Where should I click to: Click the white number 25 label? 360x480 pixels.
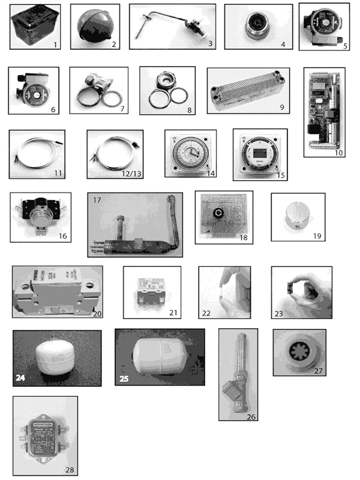tap(124, 379)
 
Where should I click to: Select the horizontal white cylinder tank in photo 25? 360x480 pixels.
tap(159, 355)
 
